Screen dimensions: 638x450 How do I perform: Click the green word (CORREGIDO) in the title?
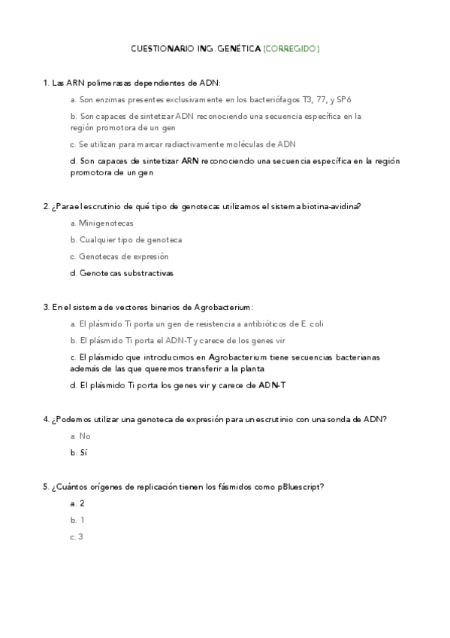291,49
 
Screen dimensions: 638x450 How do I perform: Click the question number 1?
46,82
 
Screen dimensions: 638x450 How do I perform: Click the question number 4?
46,418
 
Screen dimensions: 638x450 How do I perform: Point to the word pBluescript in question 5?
300,487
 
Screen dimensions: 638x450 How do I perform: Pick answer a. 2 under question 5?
77,503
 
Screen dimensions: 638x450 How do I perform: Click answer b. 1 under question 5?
77,520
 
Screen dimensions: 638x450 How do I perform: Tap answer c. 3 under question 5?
77,536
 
